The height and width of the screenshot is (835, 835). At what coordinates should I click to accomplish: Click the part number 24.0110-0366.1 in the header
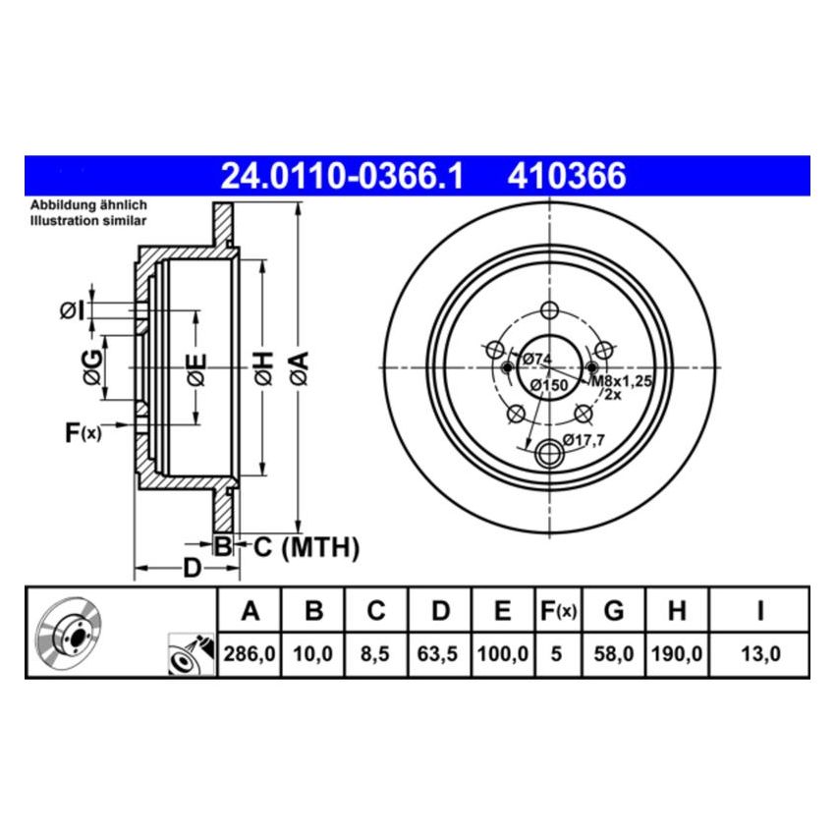coord(342,176)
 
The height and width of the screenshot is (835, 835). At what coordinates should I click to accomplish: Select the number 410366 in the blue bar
coord(567,176)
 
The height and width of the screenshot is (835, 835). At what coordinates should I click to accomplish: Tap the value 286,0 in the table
coord(250,653)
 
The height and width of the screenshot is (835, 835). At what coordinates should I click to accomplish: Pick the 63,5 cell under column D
coord(440,653)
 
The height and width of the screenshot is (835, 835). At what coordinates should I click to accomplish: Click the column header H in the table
coord(676,612)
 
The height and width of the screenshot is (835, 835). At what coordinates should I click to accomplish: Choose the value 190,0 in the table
coord(676,653)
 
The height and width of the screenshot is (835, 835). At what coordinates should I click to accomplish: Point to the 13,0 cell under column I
coord(759,653)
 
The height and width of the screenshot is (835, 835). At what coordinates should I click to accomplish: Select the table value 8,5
coord(376,653)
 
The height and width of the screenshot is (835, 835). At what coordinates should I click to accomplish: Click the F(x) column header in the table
coord(558,612)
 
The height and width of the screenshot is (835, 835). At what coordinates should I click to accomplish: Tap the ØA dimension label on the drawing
coord(300,368)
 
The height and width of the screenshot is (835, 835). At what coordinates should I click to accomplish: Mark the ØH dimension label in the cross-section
coord(261,368)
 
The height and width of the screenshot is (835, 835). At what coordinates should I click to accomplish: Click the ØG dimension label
coord(91,366)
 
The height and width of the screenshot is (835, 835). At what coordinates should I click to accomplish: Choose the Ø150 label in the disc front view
coord(548,386)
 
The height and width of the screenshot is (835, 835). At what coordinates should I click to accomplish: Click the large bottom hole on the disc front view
coord(551,454)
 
